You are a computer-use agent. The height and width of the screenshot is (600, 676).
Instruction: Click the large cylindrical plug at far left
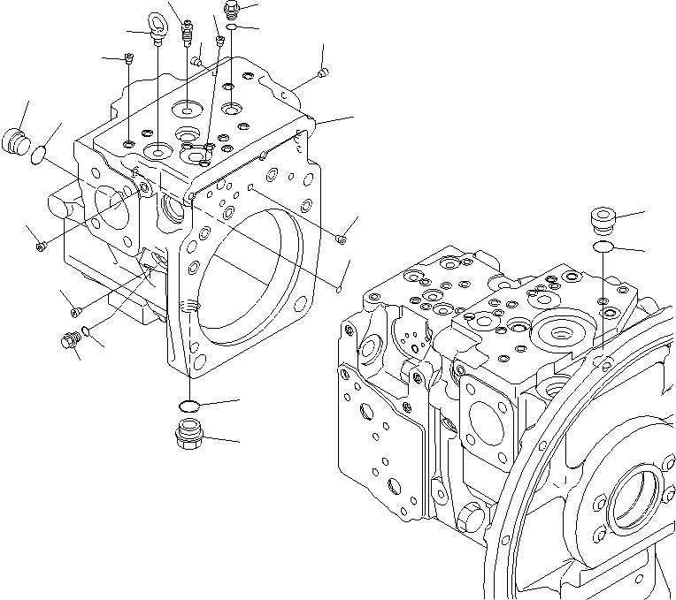coord(17,141)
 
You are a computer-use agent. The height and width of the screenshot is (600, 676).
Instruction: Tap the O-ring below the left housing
coord(188,406)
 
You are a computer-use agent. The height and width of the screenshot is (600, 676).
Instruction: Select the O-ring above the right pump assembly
coord(603,246)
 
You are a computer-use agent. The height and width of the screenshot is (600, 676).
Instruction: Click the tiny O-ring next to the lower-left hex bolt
coord(84,332)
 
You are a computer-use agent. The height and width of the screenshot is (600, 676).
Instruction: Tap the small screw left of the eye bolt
coord(129,60)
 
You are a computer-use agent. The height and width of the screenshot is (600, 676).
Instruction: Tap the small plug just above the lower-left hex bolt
coord(75,310)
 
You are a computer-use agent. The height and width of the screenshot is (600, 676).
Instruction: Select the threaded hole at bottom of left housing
coord(188,308)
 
